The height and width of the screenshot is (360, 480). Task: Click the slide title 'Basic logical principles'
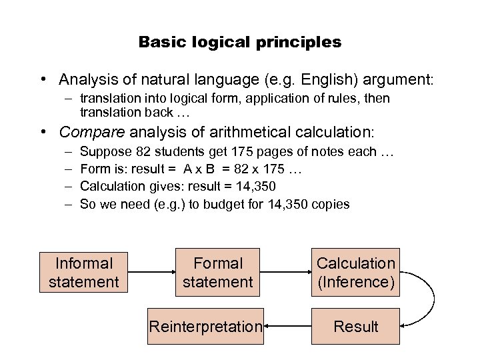240,43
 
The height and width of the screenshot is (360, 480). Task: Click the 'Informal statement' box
83,272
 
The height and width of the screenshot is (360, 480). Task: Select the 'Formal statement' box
217,272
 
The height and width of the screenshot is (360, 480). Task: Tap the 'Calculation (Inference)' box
355,272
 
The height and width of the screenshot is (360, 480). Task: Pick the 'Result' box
355,326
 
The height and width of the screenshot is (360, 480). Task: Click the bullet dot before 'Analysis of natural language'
42,80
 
